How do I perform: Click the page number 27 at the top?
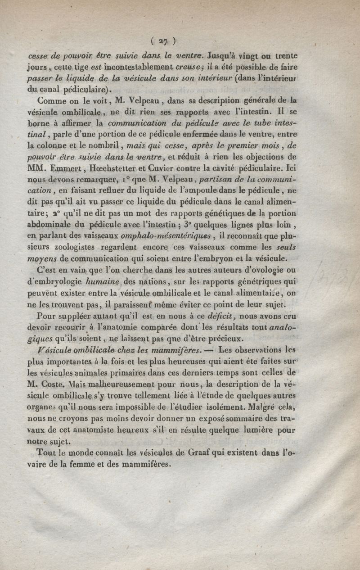[x=163, y=42]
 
